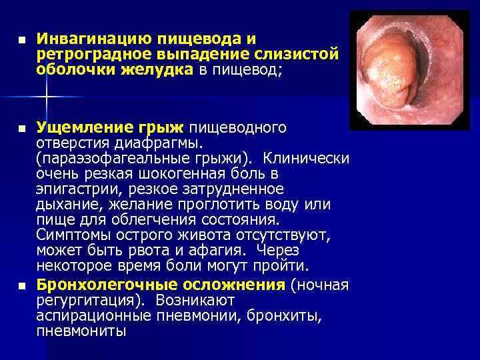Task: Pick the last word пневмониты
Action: (81, 331)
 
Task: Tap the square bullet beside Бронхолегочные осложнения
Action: (22, 285)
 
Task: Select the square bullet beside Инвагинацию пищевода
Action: (22, 39)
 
